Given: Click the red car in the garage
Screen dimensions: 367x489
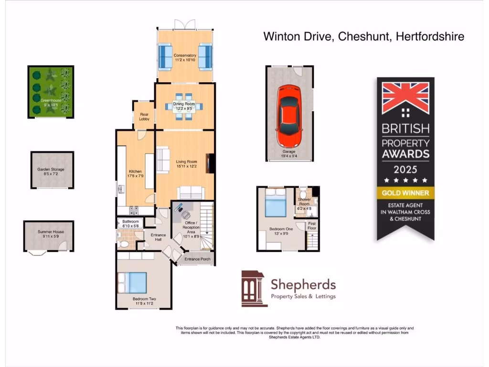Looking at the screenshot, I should tap(289, 116).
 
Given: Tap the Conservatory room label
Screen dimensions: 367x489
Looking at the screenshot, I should tap(185, 55).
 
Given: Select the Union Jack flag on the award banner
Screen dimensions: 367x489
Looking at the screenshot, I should tap(405, 98).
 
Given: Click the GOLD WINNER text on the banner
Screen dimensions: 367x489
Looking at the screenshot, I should tap(405, 193).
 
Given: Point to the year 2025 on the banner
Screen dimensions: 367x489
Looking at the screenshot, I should tap(405, 169).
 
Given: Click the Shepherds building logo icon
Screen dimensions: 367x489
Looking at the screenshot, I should tap(254, 288).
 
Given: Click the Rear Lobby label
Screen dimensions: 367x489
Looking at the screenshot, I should tap(144, 117).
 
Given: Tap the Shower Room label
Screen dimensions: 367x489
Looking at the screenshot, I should tap(304, 202).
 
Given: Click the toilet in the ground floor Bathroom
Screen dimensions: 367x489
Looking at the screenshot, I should tap(124, 243).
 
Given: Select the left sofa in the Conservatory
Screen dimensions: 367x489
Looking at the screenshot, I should tap(165, 56).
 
